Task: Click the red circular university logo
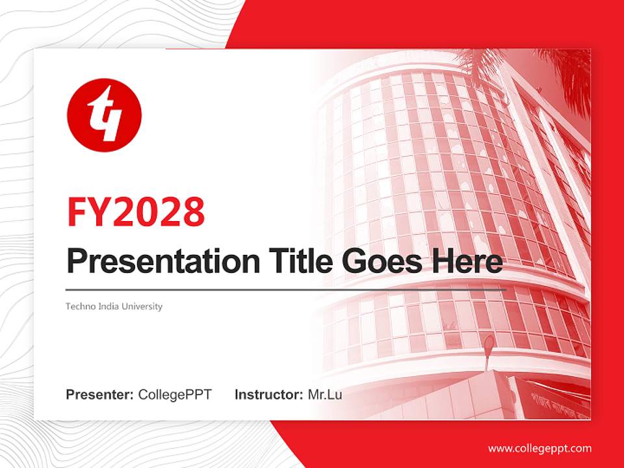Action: coord(104,114)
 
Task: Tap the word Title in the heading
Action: coord(297,261)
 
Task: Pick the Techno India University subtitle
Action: coord(114,306)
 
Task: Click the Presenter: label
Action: coord(100,395)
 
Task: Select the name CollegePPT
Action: coord(175,395)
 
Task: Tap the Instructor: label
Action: coord(268,395)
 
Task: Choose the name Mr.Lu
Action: coord(325,395)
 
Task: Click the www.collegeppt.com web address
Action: coord(539,448)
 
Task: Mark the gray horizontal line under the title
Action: coord(286,289)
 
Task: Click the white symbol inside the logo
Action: coord(104,116)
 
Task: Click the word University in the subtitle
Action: coord(141,306)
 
